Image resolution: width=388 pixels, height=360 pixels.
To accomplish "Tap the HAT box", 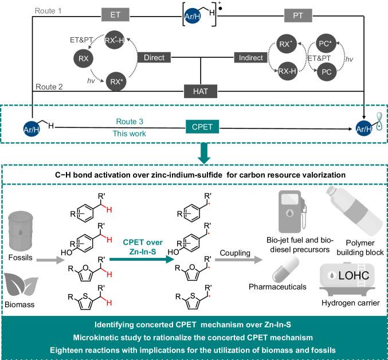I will pos(201,91).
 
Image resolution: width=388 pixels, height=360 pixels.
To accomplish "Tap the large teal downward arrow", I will pos(205,151).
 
